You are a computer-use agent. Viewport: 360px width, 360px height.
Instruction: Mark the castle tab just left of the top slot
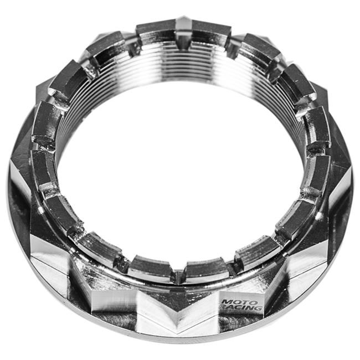pyautogui.click(x=157, y=33)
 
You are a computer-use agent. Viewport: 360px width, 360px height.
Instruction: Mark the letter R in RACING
pyautogui.click(x=224, y=311)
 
